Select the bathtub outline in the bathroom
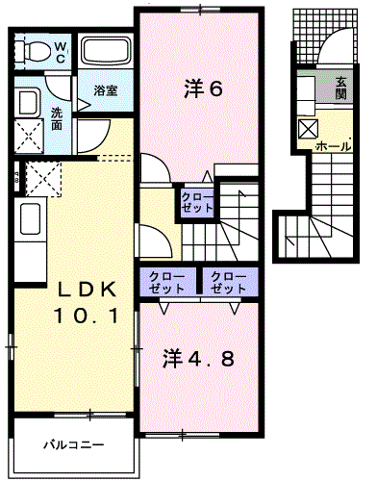[104, 54]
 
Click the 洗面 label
[57, 117]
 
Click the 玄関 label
[342, 89]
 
